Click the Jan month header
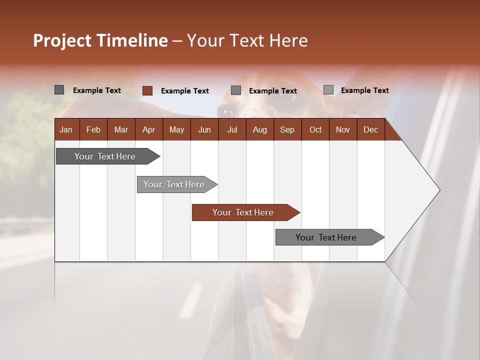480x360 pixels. coord(66,130)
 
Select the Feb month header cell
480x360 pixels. coord(93,130)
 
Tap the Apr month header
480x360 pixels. coord(148,130)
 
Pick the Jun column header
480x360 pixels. coord(204,130)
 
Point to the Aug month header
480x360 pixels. coord(259,130)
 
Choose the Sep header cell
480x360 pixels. coord(287,130)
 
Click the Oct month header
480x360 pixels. coord(315,130)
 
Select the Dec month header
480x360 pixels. coord(370,130)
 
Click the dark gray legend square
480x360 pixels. coord(59,90)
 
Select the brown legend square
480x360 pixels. coord(147,90)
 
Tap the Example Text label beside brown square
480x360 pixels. coord(185,91)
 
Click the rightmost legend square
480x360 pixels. coord(328,90)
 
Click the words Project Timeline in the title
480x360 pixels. coord(100,40)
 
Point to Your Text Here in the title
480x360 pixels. coord(247,40)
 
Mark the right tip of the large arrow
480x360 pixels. coord(439,190)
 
